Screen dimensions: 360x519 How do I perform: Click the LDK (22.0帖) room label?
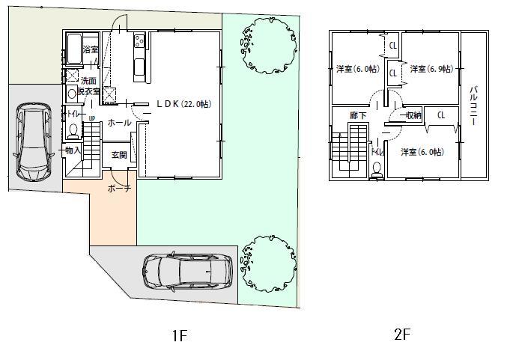pos(183,104)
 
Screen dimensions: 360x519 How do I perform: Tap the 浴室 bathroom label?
pos(91,50)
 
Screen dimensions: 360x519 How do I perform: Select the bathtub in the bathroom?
pos(74,49)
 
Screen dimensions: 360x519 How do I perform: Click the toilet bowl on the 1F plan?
pos(73,130)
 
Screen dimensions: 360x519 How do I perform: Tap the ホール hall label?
pos(119,122)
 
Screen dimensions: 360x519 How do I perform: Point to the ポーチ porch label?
pos(119,189)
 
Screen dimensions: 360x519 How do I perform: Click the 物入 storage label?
pos(73,150)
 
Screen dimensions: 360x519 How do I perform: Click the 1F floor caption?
pos(178,336)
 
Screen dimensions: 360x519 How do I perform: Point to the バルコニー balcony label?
pos(473,106)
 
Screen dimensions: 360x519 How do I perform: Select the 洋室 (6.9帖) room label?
pos(431,69)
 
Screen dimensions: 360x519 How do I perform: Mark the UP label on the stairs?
pos(91,118)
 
